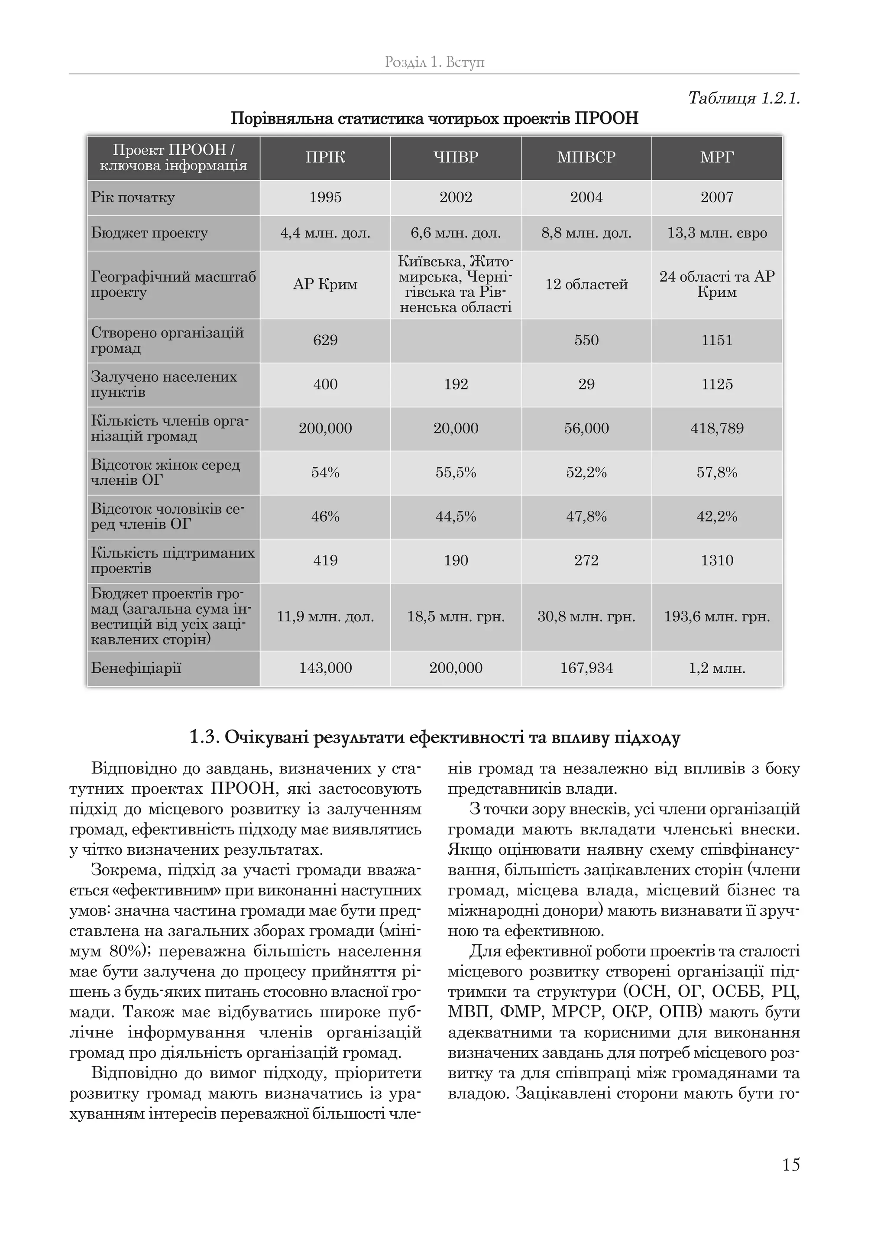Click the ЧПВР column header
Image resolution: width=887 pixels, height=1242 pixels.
pyautogui.click(x=456, y=157)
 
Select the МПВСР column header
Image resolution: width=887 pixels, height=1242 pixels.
pyautogui.click(x=586, y=157)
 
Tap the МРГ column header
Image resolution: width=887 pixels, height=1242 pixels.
pyautogui.click(x=717, y=157)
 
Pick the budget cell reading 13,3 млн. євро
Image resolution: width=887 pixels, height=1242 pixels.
pyautogui.click(x=717, y=233)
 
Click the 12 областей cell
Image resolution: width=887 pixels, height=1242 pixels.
pyautogui.click(x=586, y=285)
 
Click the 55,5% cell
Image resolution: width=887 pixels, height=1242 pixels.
pyautogui.click(x=456, y=473)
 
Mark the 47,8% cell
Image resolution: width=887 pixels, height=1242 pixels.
pyautogui.click(x=586, y=517)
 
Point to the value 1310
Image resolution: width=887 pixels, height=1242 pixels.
pyautogui.click(x=717, y=561)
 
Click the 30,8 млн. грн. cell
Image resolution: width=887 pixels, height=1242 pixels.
pyautogui.click(x=586, y=617)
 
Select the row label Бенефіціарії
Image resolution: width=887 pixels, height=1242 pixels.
pyautogui.click(x=136, y=668)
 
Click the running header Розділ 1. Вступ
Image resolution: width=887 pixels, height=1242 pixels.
pyautogui.click(x=434, y=62)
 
